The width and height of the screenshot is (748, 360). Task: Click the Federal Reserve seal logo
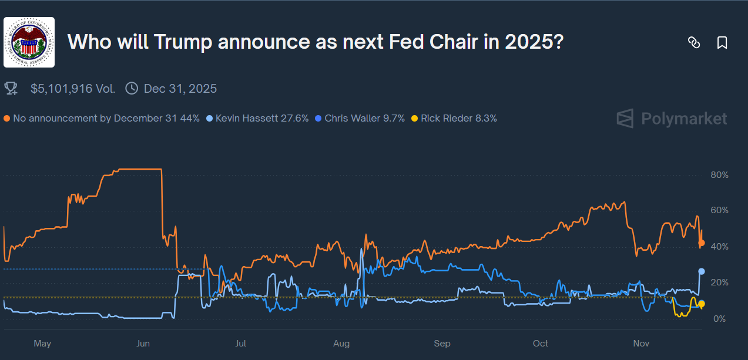29,42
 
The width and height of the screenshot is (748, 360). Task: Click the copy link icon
694,42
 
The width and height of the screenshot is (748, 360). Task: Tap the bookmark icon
722,42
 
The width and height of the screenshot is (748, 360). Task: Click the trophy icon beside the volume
11,89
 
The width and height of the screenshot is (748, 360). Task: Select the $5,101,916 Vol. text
73,89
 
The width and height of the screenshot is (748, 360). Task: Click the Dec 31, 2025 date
180,89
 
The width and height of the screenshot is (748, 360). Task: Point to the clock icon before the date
132,89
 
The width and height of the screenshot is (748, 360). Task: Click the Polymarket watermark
672,119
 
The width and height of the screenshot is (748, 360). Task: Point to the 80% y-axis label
719,175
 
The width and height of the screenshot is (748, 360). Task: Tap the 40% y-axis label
719,247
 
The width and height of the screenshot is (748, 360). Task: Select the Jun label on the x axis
143,343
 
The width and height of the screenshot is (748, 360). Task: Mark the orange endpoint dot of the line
701,243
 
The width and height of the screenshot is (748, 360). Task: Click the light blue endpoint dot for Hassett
701,271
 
